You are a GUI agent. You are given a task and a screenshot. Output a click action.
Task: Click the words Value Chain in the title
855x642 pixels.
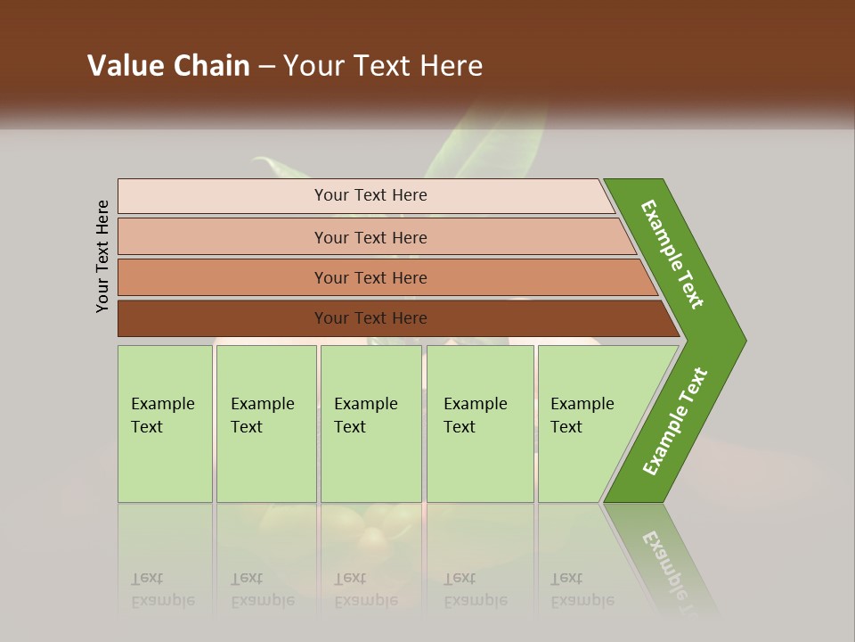168,66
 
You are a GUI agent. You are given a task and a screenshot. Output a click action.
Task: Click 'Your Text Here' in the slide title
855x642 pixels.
383,66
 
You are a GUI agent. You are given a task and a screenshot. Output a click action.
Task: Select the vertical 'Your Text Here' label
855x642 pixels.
102,256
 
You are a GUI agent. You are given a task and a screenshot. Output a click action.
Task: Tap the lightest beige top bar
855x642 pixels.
370,195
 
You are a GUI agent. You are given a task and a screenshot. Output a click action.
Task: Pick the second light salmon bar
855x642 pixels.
370,237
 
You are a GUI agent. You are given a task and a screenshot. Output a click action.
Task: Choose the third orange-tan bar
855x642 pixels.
370,277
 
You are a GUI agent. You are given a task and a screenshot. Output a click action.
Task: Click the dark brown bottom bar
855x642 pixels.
370,318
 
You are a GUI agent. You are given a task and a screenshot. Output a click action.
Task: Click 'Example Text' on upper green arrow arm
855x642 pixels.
672,254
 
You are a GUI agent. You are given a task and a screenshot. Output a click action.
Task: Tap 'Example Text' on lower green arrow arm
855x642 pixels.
675,421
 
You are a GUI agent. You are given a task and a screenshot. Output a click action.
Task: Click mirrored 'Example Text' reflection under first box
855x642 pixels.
162,590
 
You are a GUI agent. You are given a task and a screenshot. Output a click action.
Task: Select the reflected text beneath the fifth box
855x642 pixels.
582,590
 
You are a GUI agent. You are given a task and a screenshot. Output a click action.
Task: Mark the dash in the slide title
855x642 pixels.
266,67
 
